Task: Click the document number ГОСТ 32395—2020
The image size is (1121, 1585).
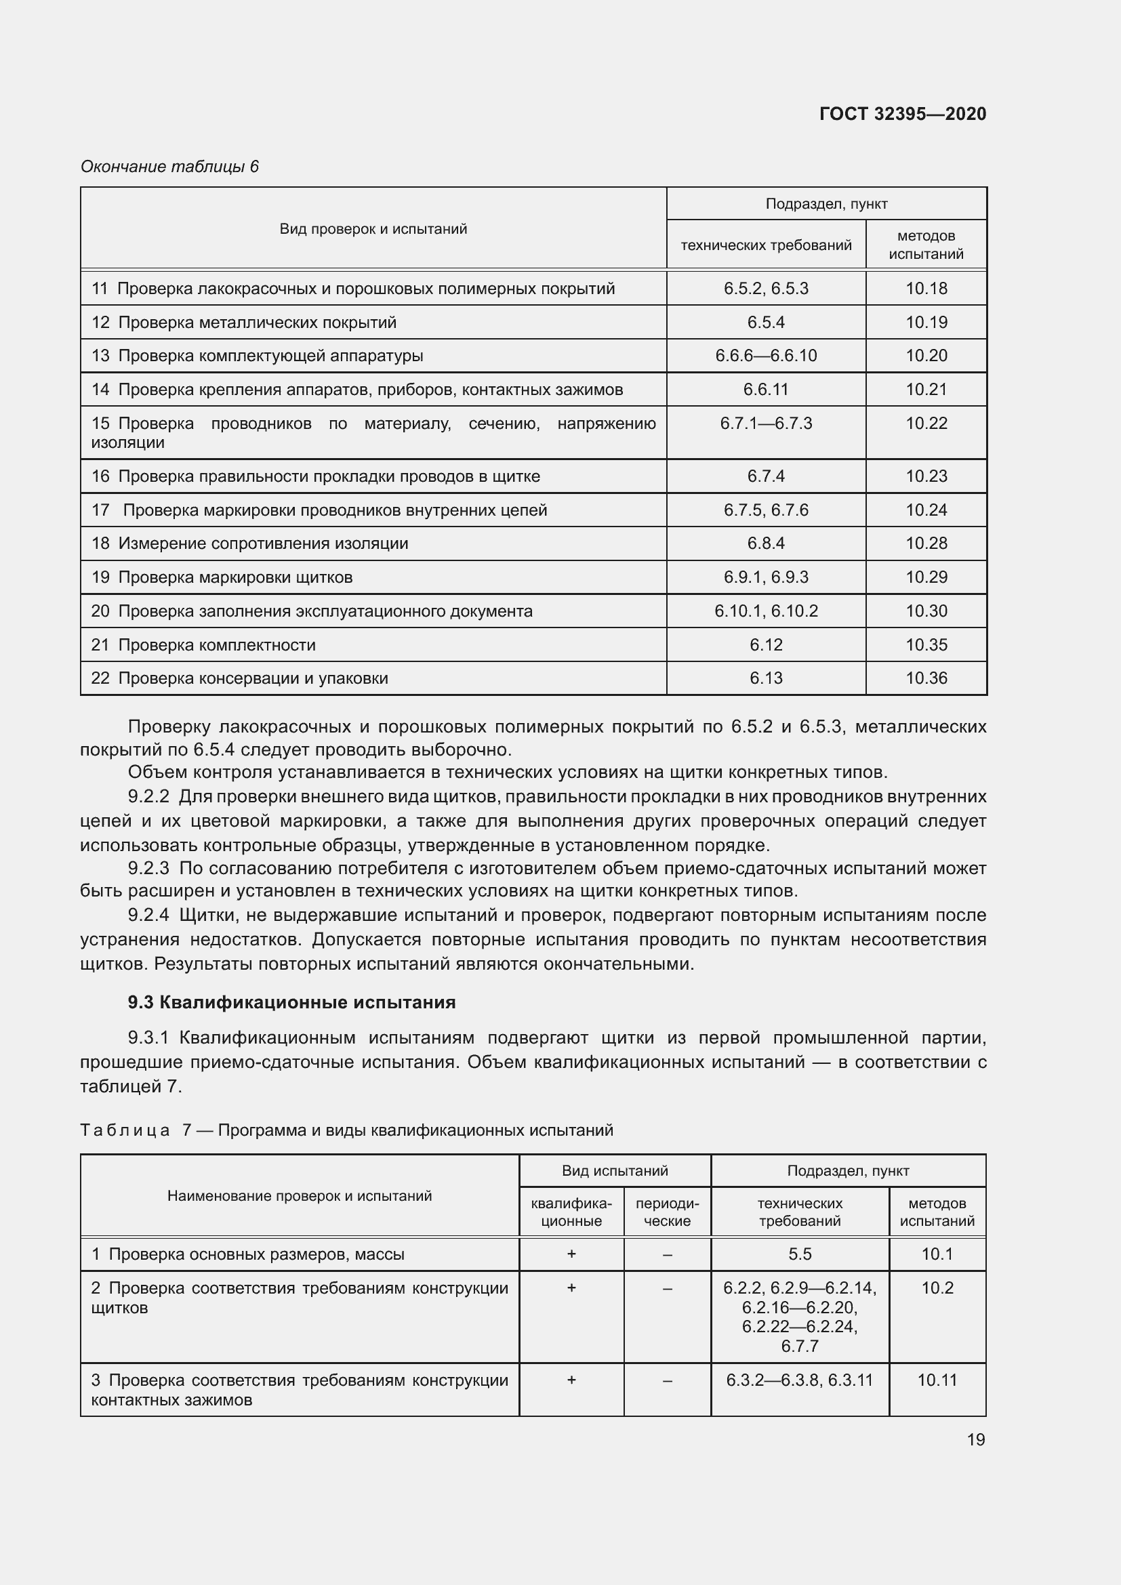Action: pyautogui.click(x=902, y=114)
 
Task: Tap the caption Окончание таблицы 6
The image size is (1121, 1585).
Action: pyautogui.click(x=170, y=167)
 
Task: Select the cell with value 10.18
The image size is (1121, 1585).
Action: pyautogui.click(x=926, y=289)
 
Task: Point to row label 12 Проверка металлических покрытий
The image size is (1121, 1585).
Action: pyautogui.click(x=244, y=323)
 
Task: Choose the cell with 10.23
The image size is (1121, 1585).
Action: pyautogui.click(x=926, y=476)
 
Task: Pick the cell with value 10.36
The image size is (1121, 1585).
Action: pyautogui.click(x=926, y=678)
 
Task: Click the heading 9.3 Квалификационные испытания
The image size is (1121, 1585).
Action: pyautogui.click(x=291, y=1002)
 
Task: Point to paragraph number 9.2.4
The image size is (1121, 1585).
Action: pyautogui.click(x=148, y=915)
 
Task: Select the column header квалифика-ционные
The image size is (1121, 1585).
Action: pyautogui.click(x=571, y=1212)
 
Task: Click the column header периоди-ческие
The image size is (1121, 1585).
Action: pyautogui.click(x=667, y=1212)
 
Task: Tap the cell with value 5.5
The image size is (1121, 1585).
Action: pyautogui.click(x=799, y=1254)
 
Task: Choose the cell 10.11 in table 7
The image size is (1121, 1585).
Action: pyautogui.click(x=937, y=1380)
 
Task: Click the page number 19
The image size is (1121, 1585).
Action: pyautogui.click(x=975, y=1439)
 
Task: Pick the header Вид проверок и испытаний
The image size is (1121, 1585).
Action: pyautogui.click(x=373, y=228)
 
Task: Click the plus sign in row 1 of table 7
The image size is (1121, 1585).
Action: pyautogui.click(x=571, y=1254)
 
